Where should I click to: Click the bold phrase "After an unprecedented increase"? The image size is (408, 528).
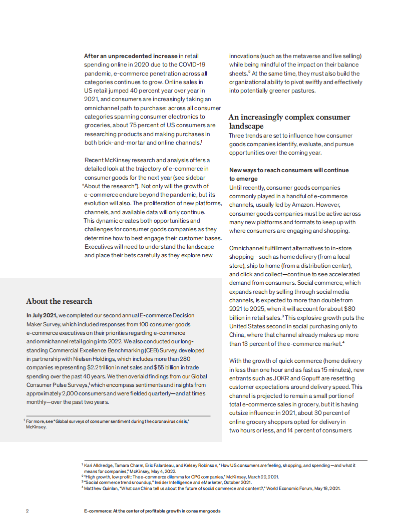[x=131, y=56]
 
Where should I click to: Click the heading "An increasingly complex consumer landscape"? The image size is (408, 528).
[x=289, y=122]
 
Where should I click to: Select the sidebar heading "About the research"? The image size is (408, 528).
[x=59, y=301]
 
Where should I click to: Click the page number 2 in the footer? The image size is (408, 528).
[x=28, y=511]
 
